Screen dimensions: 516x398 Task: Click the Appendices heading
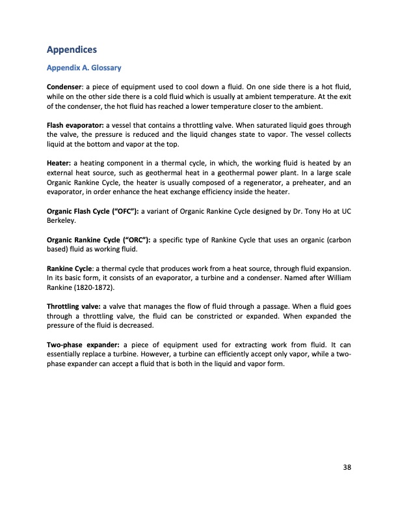coord(72,49)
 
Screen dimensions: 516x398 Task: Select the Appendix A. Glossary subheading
coord(84,67)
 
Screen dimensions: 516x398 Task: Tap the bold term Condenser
coord(67,87)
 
